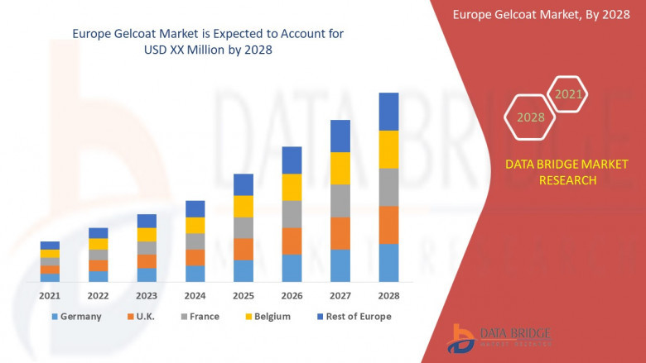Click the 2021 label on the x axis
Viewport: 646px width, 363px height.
point(50,295)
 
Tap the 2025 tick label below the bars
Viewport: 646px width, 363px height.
point(243,295)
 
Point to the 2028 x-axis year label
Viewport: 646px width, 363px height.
point(388,295)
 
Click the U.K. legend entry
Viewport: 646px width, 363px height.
point(142,317)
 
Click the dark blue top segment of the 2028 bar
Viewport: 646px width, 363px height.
point(388,112)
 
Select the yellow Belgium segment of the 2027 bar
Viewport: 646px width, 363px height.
point(340,168)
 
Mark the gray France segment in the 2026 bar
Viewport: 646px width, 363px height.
point(292,214)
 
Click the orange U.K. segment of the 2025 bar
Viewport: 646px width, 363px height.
point(243,249)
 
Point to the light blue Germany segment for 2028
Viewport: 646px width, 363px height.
point(388,263)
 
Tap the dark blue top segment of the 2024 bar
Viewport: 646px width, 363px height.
point(195,208)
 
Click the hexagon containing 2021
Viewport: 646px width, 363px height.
point(568,95)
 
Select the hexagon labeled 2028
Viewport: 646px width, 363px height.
point(531,117)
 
